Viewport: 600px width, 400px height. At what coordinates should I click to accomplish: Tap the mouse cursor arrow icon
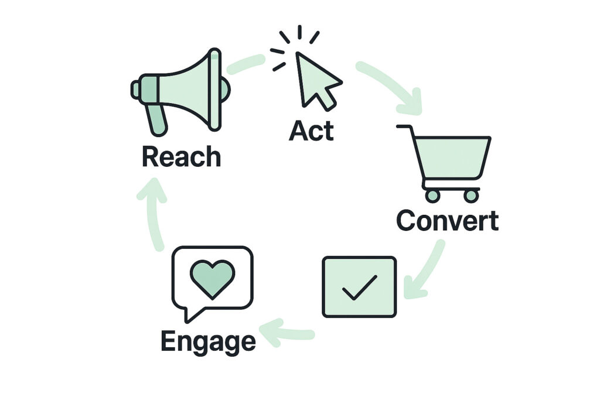pos(316,80)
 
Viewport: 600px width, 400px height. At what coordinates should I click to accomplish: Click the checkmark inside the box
pos(359,287)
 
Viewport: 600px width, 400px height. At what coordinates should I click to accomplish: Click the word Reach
pos(181,157)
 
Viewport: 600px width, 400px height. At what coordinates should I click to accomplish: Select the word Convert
pos(447,221)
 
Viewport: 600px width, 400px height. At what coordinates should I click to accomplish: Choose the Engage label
pos(208,341)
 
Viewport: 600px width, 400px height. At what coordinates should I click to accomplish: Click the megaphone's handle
pos(157,120)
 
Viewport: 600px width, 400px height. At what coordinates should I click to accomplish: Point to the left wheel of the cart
pos(432,196)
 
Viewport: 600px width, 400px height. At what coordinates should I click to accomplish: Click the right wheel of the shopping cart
pos(471,196)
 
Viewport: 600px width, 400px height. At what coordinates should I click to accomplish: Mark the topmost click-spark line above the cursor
pos(299,32)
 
